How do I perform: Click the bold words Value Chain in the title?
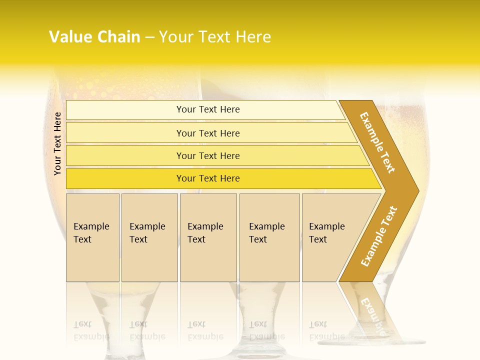pyautogui.click(x=94, y=37)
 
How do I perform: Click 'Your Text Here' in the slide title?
pyautogui.click(x=215, y=37)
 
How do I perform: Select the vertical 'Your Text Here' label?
pyautogui.click(x=57, y=143)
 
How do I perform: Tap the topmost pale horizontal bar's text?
pyautogui.click(x=208, y=109)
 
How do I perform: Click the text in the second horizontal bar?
pyautogui.click(x=208, y=133)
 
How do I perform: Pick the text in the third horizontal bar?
pyautogui.click(x=208, y=156)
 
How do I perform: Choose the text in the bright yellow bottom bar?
pyautogui.click(x=208, y=178)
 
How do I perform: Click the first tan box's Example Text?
pyautogui.click(x=91, y=233)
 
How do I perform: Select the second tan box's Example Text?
pyautogui.click(x=147, y=233)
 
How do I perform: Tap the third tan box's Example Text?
pyautogui.click(x=205, y=233)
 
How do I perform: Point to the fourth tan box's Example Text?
pyautogui.click(x=266, y=233)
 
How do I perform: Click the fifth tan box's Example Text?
pyautogui.click(x=326, y=233)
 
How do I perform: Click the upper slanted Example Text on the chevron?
pyautogui.click(x=377, y=142)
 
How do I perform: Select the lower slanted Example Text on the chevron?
pyautogui.click(x=379, y=236)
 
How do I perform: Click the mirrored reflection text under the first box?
pyautogui.click(x=91, y=330)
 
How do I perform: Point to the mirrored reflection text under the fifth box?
pyautogui.click(x=326, y=330)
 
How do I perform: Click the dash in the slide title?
pyautogui.click(x=149, y=37)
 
